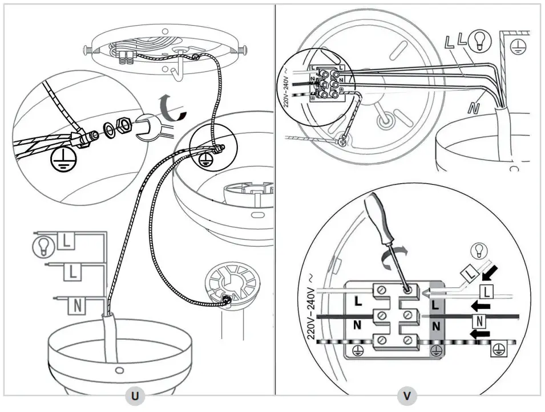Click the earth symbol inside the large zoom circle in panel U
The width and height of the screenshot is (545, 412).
[58, 162]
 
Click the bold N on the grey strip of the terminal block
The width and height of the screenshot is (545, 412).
[436, 327]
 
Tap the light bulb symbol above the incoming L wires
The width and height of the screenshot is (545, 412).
[479, 250]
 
